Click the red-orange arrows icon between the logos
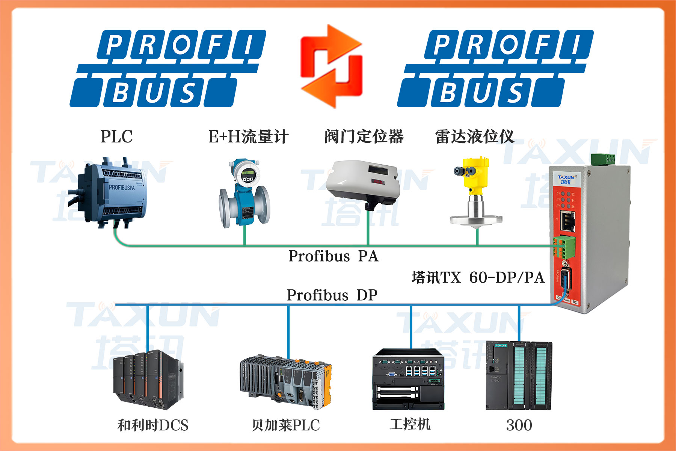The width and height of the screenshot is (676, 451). tap(331, 66)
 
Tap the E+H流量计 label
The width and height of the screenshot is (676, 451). tap(248, 136)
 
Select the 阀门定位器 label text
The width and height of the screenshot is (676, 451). tap(364, 136)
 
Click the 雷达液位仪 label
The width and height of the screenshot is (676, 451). tap(474, 136)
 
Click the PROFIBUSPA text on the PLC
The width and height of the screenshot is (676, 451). tap(121, 187)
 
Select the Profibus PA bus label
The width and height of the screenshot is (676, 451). tap(333, 256)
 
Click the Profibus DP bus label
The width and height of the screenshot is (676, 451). tap(332, 295)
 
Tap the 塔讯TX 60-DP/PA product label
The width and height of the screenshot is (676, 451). tap(478, 278)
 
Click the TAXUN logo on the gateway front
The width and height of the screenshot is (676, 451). tap(566, 179)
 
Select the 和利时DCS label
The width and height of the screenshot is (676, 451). tap(153, 425)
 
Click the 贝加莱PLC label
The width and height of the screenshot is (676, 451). tap(285, 425)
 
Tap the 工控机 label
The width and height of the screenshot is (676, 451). tap(410, 424)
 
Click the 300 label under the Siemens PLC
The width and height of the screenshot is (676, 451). tap(519, 425)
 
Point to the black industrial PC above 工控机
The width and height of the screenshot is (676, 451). tap(408, 380)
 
